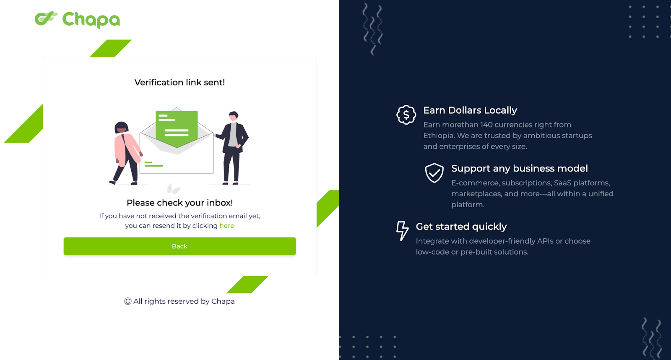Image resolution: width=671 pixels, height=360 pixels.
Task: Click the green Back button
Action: [x=180, y=246]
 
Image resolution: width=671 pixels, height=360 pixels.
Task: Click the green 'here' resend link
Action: [x=227, y=225]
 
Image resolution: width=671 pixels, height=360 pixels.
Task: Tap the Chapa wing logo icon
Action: [x=46, y=18]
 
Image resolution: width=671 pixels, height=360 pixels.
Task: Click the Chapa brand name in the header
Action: [x=91, y=20]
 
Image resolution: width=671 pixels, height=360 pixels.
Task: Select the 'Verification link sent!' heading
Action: [x=180, y=82]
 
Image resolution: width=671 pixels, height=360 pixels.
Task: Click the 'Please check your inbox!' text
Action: [x=180, y=203]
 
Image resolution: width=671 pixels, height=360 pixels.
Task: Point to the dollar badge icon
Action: [x=406, y=115]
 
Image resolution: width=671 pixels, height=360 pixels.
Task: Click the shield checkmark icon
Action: [x=434, y=172]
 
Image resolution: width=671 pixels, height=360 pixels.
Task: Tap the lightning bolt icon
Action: [x=402, y=231]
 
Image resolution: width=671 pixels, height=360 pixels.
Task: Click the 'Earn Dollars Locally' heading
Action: [x=470, y=110]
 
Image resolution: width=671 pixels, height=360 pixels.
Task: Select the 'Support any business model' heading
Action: [x=520, y=168]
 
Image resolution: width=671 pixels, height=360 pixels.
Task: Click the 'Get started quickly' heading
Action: [x=461, y=227]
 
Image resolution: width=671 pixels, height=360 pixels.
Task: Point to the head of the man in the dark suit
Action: [x=233, y=116]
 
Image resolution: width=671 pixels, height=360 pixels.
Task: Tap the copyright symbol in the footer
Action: [x=127, y=301]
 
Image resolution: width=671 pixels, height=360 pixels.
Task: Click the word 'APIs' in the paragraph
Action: [x=545, y=241]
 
